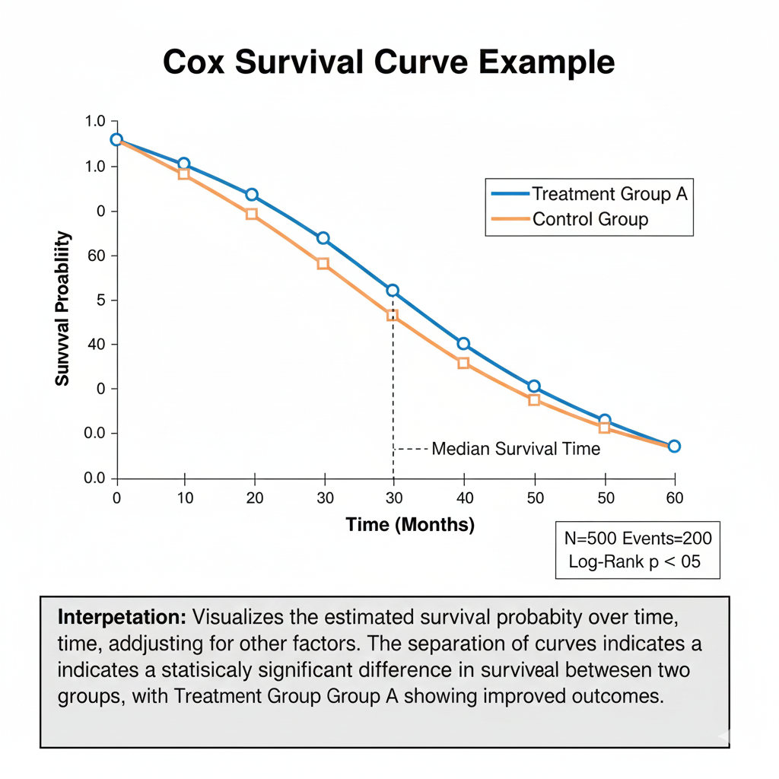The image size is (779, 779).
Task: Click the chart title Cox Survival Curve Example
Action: click(389, 62)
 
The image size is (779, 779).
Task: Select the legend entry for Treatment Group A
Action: click(609, 194)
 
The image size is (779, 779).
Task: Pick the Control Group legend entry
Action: click(590, 220)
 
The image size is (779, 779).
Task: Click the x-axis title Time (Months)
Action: click(410, 524)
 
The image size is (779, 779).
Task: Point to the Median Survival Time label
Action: click(516, 449)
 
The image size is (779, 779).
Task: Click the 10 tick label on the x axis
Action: click(185, 498)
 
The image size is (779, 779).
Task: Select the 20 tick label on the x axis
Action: click(254, 498)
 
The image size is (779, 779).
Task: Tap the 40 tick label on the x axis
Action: click(464, 498)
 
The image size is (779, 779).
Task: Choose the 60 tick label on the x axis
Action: click(674, 498)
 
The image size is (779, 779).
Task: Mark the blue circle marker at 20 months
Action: click(252, 195)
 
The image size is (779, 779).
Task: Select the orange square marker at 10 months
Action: click(183, 174)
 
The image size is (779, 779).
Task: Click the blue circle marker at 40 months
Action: click(463, 344)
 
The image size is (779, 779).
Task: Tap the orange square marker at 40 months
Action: click(463, 363)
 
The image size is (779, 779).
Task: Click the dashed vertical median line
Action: click(393, 396)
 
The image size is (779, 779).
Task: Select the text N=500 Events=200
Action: click(638, 539)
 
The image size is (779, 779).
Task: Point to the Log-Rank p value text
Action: click(634, 562)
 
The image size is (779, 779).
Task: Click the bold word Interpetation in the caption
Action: click(122, 614)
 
